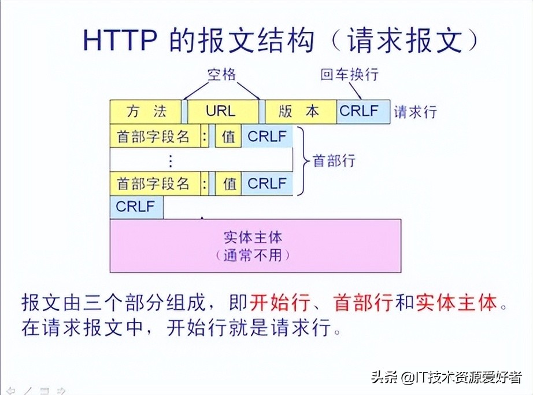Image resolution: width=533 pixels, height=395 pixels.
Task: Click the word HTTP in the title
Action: (x=121, y=41)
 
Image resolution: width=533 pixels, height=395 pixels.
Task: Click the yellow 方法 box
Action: (x=145, y=111)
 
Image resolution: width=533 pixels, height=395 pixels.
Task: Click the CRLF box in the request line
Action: (x=363, y=111)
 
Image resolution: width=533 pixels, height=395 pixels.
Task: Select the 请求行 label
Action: (x=415, y=112)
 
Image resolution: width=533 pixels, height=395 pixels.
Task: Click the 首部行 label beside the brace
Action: (x=334, y=160)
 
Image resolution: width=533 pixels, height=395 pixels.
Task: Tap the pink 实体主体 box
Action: (x=256, y=246)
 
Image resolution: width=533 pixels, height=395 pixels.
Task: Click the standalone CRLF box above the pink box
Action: (x=136, y=207)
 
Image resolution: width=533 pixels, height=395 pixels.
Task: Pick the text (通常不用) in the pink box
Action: (x=256, y=255)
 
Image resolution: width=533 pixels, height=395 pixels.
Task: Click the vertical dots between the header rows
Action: (x=170, y=160)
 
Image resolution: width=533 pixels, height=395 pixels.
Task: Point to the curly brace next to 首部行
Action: (x=302, y=160)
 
